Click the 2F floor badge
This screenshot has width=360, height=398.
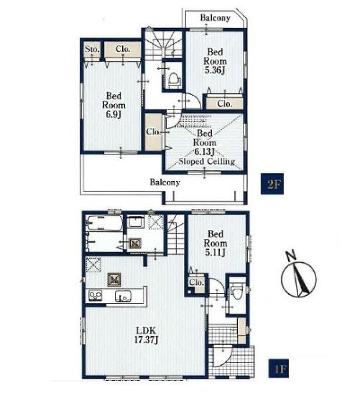tap(272, 184)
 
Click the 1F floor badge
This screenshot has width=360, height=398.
tap(279, 369)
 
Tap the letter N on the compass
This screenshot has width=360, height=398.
tap(291, 256)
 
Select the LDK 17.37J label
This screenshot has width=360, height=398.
tap(146, 335)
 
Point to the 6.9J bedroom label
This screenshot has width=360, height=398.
tap(114, 105)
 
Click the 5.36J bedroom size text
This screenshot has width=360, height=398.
tap(215, 70)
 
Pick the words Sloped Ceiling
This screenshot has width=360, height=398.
tap(206, 162)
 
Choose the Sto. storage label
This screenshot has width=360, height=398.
tap(92, 49)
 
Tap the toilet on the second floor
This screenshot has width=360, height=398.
tap(174, 79)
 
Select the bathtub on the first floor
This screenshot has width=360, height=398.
tap(104, 223)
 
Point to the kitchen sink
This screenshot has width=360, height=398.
tap(123, 296)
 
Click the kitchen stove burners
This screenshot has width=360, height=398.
tap(95, 296)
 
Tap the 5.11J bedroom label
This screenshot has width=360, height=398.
tap(216, 243)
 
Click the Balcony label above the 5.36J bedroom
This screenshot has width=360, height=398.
tap(215, 18)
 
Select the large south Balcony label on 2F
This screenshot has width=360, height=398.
tap(165, 182)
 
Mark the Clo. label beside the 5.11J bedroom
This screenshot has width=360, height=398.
tap(196, 282)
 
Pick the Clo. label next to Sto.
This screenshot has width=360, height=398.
tap(123, 49)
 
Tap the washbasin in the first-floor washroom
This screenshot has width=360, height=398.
tap(135, 223)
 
